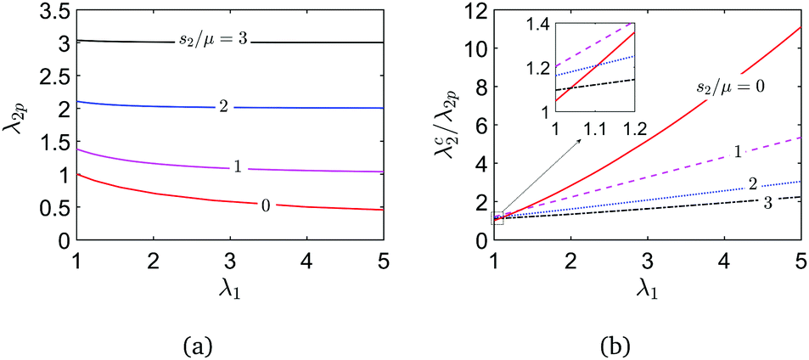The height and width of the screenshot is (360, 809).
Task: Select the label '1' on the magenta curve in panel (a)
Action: point(237,166)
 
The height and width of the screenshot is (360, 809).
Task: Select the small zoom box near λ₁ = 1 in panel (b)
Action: point(497,218)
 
